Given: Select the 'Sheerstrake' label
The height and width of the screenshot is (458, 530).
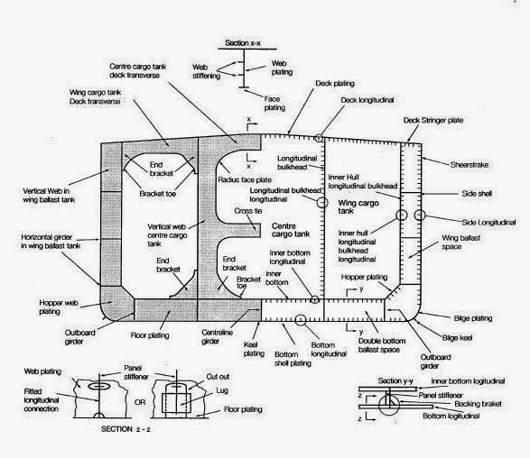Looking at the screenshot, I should tap(469, 164).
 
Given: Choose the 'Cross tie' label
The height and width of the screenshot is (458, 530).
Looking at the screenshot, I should tap(249, 210).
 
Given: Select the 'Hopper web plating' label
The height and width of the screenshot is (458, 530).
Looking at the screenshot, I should tap(36, 283).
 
